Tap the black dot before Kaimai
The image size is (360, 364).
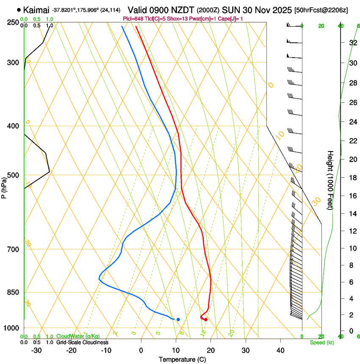click(x=19, y=9)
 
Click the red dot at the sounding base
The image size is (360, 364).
click(x=206, y=320)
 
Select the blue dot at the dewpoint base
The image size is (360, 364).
click(x=178, y=319)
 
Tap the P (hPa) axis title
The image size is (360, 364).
click(x=5, y=187)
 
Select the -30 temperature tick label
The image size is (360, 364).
click(x=36, y=350)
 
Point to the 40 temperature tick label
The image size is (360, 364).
click(x=280, y=350)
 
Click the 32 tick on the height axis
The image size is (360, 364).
click(x=352, y=42)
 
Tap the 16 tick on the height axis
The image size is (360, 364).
click(x=352, y=196)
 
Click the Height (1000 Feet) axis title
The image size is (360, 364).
click(x=330, y=180)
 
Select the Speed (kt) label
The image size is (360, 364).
click(x=321, y=342)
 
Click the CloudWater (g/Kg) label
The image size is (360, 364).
click(x=78, y=336)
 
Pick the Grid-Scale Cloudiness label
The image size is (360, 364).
click(x=82, y=342)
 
